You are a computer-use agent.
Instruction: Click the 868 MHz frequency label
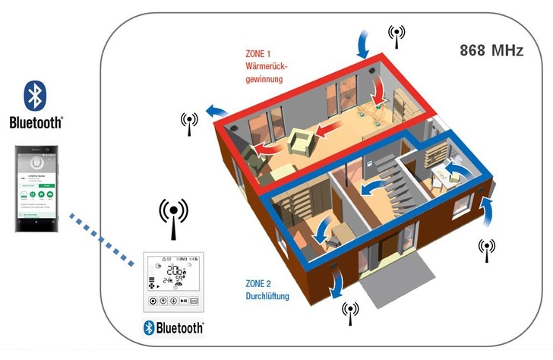pyautogui.click(x=491, y=51)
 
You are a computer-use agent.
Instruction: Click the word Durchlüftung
pyautogui.click(x=267, y=295)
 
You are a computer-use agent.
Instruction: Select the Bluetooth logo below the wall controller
pyautogui.click(x=174, y=327)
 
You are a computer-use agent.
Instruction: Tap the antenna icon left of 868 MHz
pyautogui.click(x=395, y=35)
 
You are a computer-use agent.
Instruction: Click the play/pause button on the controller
pyautogui.click(x=184, y=301)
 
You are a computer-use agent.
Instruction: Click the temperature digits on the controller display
pyautogui.click(x=175, y=272)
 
